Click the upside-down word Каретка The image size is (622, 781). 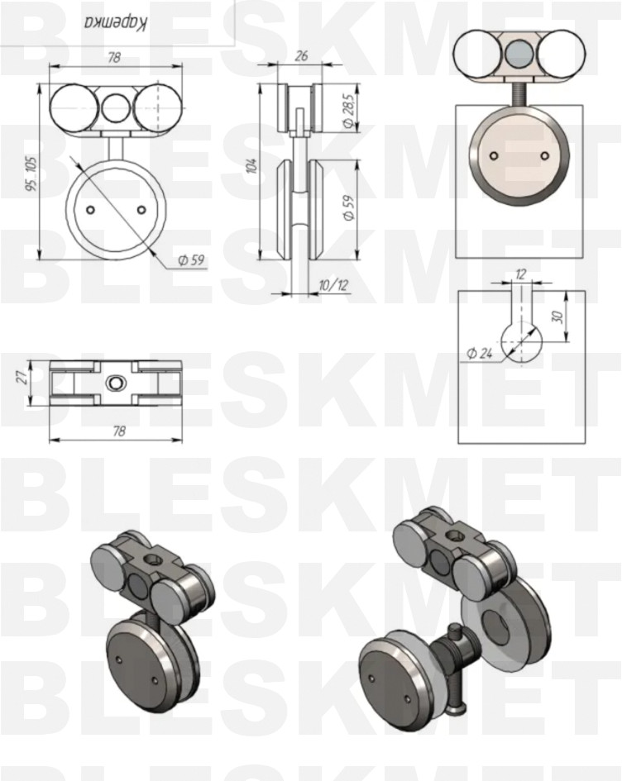pyautogui.click(x=115, y=23)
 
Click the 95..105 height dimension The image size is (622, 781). pyautogui.click(x=32, y=174)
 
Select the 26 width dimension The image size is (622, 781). pyautogui.click(x=301, y=55)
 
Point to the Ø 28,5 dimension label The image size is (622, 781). pyautogui.click(x=349, y=111)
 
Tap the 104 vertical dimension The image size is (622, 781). pyautogui.click(x=253, y=165)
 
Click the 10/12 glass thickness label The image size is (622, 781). pyautogui.click(x=333, y=285)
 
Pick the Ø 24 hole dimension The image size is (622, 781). pyautogui.click(x=480, y=353)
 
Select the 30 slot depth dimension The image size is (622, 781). pyautogui.click(x=557, y=317)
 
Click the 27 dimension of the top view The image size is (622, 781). pyautogui.click(x=22, y=378)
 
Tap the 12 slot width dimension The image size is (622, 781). pyautogui.click(x=521, y=274)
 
